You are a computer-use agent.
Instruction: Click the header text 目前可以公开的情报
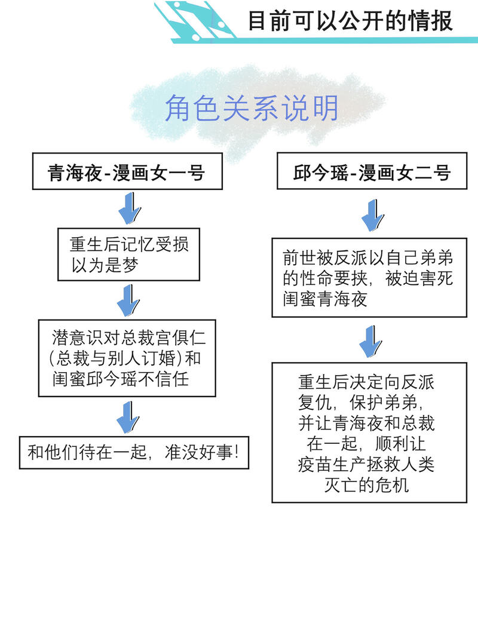(350, 21)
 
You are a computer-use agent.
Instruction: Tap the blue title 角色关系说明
(251, 108)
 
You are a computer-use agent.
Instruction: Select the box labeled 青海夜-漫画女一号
(127, 171)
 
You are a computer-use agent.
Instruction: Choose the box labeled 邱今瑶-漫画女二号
(372, 171)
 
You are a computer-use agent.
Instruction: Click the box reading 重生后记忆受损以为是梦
(128, 254)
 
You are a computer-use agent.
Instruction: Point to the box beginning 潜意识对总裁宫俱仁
(127, 358)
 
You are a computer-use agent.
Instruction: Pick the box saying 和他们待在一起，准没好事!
(134, 453)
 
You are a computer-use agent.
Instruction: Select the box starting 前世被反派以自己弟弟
(369, 278)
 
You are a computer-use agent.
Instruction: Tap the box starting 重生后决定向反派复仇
(369, 432)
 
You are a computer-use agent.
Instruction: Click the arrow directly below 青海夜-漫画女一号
(129, 208)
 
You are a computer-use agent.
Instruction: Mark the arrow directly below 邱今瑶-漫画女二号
(372, 216)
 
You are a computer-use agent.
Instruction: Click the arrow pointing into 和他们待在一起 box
(128, 417)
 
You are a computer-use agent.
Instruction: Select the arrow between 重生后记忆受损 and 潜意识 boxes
(128, 300)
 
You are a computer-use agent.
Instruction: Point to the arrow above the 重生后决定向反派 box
(370, 341)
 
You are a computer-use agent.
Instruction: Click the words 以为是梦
(105, 265)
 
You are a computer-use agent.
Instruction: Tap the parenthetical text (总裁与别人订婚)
(113, 358)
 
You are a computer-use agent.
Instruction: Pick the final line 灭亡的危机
(366, 485)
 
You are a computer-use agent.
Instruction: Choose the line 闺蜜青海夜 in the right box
(324, 299)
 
